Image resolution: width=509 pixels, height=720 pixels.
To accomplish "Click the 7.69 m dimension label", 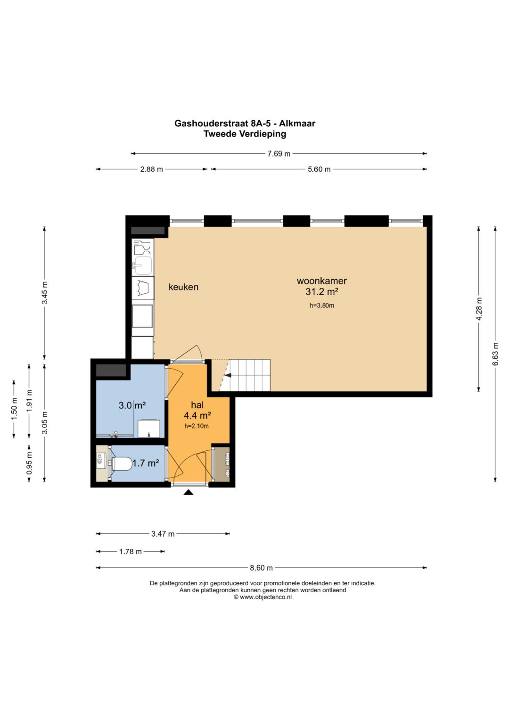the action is pyautogui.click(x=279, y=154).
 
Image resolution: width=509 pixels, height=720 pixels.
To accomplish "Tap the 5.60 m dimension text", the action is pyautogui.click(x=319, y=169).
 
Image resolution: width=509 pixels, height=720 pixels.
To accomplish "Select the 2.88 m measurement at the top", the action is pyautogui.click(x=151, y=169).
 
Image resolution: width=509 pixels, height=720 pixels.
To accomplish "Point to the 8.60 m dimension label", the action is pyautogui.click(x=261, y=568).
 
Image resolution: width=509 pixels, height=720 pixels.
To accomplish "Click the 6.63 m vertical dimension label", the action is pyautogui.click(x=495, y=354).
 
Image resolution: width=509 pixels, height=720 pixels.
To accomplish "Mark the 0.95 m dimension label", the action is pyautogui.click(x=29, y=463).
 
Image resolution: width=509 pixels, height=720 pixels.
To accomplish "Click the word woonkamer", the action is pyautogui.click(x=321, y=281).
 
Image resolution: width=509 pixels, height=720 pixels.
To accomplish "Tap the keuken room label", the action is pyautogui.click(x=183, y=287).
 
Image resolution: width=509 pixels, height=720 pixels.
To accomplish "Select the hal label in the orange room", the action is pyautogui.click(x=197, y=405).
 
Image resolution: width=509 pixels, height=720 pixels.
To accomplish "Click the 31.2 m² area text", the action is pyautogui.click(x=322, y=292).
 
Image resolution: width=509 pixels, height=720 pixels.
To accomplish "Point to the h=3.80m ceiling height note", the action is pyautogui.click(x=322, y=306).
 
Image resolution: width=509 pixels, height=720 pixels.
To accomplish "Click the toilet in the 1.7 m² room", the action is pyautogui.click(x=122, y=463).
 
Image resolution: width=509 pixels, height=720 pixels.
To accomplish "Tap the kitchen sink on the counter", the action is pyautogui.click(x=143, y=265).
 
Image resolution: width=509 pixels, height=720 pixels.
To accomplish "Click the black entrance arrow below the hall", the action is pyautogui.click(x=189, y=492).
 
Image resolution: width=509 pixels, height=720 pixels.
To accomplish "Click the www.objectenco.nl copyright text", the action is pyautogui.click(x=263, y=597).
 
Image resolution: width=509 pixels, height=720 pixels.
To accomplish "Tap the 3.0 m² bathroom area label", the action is pyautogui.click(x=132, y=406).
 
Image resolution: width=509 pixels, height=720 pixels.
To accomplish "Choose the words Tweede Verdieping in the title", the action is pyautogui.click(x=245, y=134).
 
